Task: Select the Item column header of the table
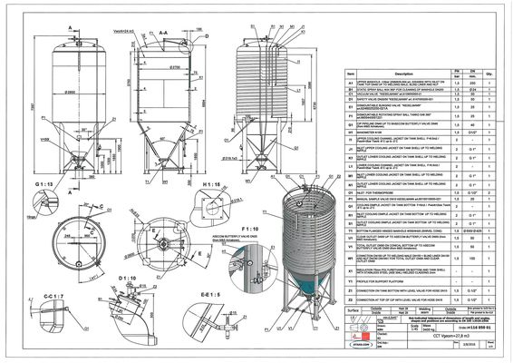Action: coord(349,74)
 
